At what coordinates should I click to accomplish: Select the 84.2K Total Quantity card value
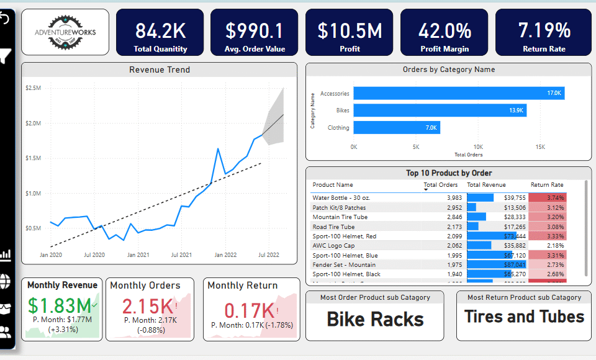click(160, 30)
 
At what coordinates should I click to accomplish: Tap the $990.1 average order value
click(254, 30)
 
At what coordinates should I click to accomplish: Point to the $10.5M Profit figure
click(350, 30)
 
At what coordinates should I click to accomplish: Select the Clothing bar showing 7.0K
click(397, 128)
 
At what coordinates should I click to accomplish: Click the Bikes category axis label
click(343, 110)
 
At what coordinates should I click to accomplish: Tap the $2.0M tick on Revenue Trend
click(34, 124)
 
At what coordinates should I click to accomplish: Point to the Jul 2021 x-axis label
click(181, 254)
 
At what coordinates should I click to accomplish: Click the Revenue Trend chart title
click(160, 70)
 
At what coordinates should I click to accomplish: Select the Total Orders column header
click(441, 184)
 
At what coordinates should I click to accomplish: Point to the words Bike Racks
click(375, 319)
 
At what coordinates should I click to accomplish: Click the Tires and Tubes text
click(524, 317)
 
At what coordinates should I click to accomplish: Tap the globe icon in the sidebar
click(6, 281)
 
